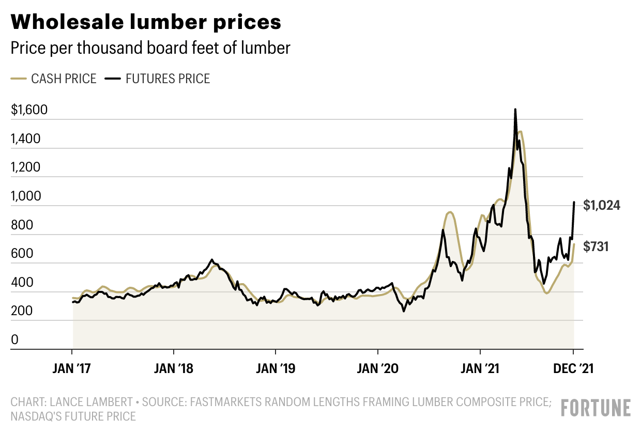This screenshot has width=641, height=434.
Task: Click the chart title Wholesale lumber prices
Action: tap(146, 22)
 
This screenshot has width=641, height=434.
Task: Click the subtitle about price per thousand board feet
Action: tap(150, 49)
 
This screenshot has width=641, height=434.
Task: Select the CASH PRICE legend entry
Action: tap(64, 79)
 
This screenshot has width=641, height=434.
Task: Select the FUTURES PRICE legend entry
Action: tap(167, 79)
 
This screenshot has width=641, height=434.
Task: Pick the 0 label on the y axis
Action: tap(15, 340)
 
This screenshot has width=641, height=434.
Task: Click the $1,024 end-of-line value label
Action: tap(602, 205)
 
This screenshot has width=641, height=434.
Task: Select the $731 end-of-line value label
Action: tap(596, 247)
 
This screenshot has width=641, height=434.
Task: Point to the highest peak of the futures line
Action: tap(515, 110)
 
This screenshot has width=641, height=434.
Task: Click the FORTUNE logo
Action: tap(596, 408)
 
